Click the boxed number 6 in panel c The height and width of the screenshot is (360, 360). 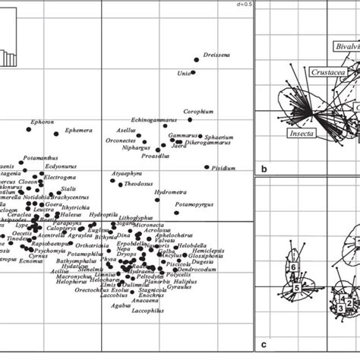tap(292, 267)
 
